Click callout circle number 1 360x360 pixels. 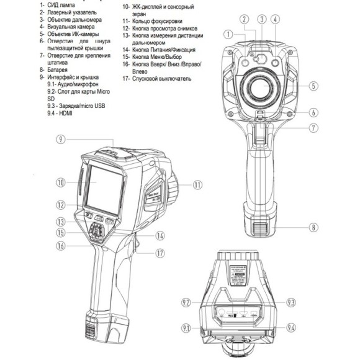(229, 34)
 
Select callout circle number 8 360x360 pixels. (314, 227)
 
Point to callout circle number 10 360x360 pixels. (60, 182)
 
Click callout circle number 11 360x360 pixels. (197, 184)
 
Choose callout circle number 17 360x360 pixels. (160, 253)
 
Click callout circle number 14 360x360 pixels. (160, 236)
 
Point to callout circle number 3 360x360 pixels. (263, 19)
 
